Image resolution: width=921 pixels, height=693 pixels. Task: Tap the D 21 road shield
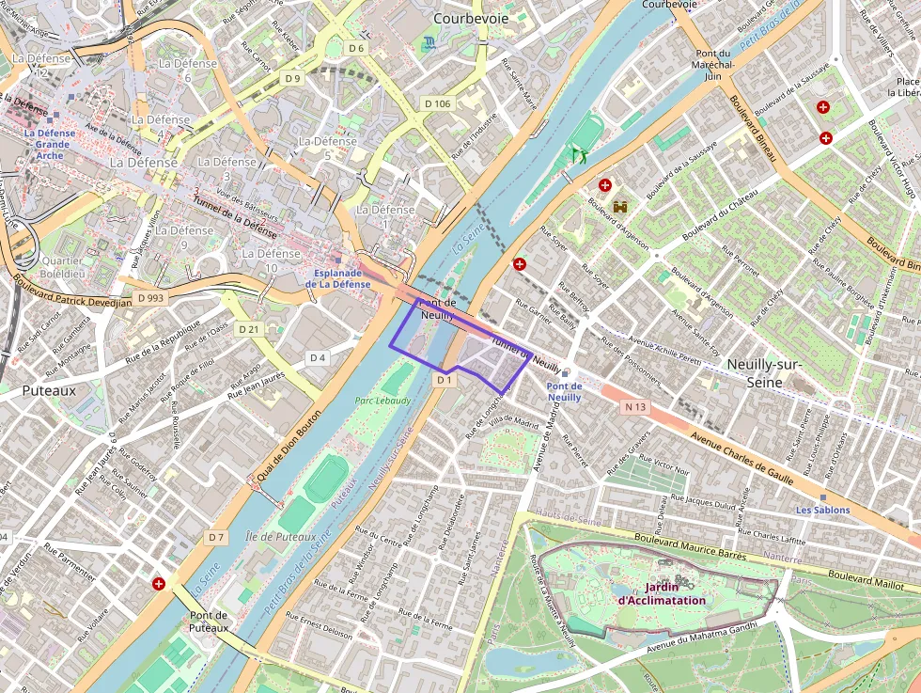(x=248, y=329)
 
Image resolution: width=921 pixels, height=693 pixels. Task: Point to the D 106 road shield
(x=437, y=103)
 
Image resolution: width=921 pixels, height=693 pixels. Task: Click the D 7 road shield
(x=216, y=537)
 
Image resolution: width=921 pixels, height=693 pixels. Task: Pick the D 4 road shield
(x=318, y=357)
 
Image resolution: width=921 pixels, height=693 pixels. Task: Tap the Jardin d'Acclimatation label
(x=662, y=593)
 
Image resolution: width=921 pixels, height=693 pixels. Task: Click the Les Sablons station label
(x=822, y=511)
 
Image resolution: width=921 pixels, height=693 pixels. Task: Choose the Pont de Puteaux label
(x=208, y=621)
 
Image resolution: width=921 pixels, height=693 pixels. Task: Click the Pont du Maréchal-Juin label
(x=719, y=65)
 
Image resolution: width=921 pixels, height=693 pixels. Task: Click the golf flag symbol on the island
(x=579, y=153)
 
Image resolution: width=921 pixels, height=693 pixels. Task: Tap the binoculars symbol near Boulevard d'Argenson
(x=620, y=207)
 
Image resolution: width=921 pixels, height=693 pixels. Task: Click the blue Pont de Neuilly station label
(x=564, y=391)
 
